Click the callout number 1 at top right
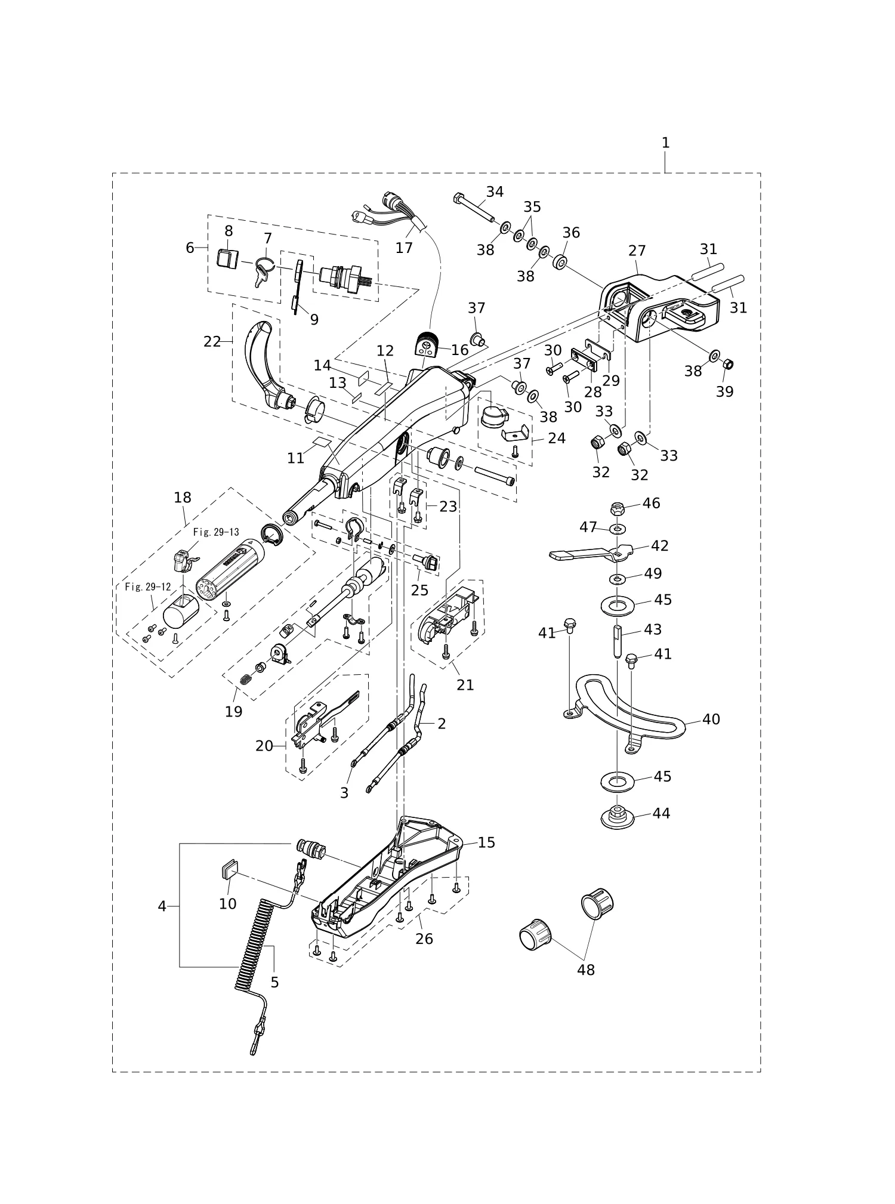pyautogui.click(x=665, y=143)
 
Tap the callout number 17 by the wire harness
pyautogui.click(x=404, y=248)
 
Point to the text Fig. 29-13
pyautogui.click(x=216, y=532)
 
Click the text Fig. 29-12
pyautogui.click(x=148, y=587)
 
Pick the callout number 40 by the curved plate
pyautogui.click(x=711, y=719)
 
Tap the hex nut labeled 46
pyautogui.click(x=618, y=509)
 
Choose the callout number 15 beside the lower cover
pyautogui.click(x=486, y=842)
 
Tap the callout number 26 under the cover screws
pyautogui.click(x=424, y=938)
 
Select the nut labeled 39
pyautogui.click(x=727, y=364)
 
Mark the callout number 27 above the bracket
pyautogui.click(x=637, y=251)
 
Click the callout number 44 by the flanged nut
pyautogui.click(x=661, y=813)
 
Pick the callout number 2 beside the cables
pyautogui.click(x=442, y=724)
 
